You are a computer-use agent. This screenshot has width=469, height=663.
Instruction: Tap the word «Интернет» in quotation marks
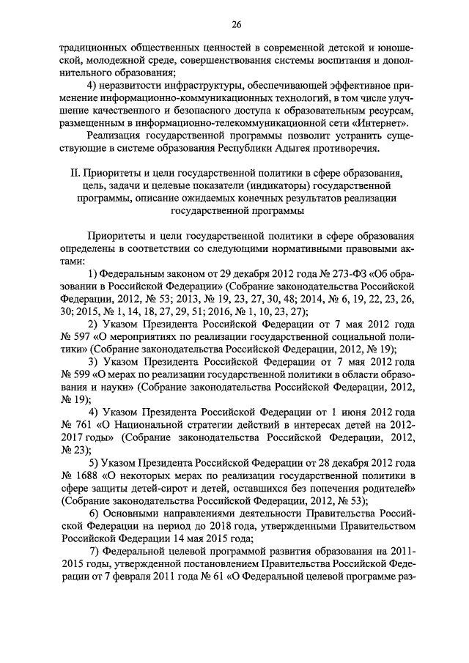click(x=378, y=122)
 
